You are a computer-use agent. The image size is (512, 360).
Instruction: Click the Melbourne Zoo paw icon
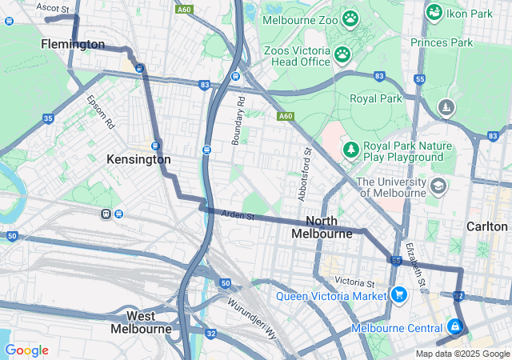point(350,18)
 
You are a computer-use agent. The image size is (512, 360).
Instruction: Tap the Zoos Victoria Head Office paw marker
point(342,54)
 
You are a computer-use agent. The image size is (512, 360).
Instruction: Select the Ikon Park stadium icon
point(434,12)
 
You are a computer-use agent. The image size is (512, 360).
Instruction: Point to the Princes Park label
point(442,42)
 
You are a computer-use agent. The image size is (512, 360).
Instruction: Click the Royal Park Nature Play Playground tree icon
point(350,150)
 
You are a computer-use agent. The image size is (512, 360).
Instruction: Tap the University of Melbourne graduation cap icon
point(438,186)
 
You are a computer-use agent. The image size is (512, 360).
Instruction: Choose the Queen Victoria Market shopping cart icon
point(398,295)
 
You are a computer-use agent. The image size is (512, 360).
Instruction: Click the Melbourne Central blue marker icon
point(454,326)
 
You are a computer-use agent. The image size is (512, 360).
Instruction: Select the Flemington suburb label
point(73,44)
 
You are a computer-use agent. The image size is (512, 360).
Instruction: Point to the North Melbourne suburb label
point(322,227)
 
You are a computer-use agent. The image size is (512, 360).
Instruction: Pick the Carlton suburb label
point(487,226)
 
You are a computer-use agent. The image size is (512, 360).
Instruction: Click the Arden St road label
point(237,215)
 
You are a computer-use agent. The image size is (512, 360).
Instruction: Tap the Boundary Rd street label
point(238,120)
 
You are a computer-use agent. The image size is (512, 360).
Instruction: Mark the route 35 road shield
point(48,118)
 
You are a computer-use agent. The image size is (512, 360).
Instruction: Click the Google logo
point(26,350)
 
